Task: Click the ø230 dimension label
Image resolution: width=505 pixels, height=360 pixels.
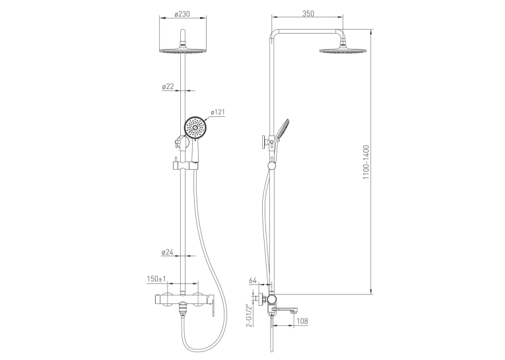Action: click(x=182, y=14)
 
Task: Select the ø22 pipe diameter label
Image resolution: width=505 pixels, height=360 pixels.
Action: click(x=168, y=87)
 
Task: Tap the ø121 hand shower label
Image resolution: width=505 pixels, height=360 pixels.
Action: click(x=218, y=112)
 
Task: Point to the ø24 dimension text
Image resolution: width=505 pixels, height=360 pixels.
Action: click(x=168, y=252)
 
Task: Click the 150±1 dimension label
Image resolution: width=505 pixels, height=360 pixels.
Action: click(x=156, y=279)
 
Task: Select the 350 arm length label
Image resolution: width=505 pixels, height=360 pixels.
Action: click(x=308, y=13)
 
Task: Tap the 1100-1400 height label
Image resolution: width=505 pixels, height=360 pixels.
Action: click(x=366, y=162)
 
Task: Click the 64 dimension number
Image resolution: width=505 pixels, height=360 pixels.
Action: click(x=253, y=280)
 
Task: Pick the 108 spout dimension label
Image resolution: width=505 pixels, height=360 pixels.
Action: click(x=302, y=320)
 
